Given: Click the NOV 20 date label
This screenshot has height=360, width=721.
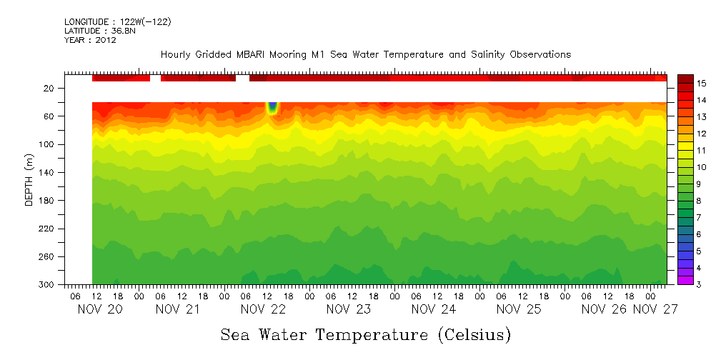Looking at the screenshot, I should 99,310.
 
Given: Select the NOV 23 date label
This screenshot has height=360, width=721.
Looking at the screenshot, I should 349,310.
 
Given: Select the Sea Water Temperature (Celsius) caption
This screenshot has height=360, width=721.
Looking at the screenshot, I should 366,334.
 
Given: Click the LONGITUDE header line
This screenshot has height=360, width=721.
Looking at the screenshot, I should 118,22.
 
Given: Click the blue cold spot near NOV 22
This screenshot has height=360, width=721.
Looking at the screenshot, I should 272,108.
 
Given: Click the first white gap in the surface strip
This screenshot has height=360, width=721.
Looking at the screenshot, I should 155,78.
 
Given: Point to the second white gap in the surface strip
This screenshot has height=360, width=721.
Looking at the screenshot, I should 242,78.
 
